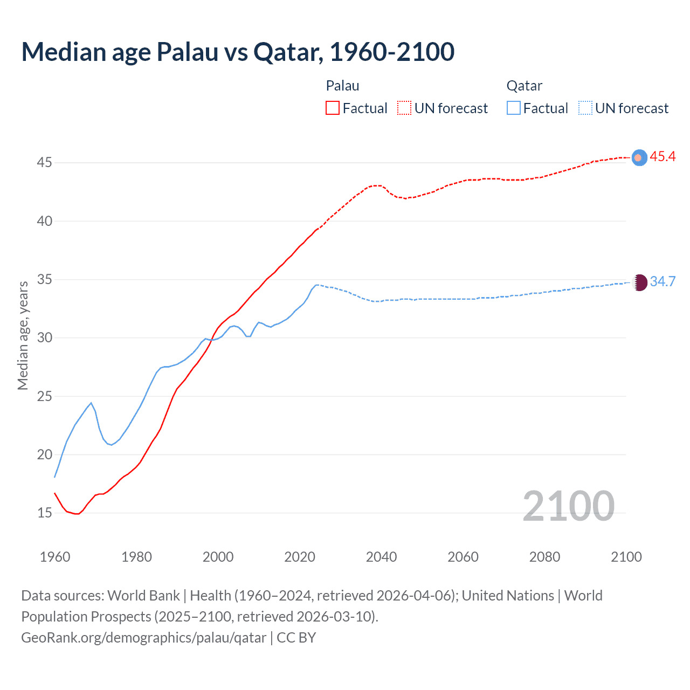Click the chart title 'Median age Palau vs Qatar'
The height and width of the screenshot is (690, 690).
[x=238, y=52]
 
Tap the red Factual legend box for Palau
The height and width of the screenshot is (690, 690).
[x=333, y=108]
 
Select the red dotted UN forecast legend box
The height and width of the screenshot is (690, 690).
[x=404, y=108]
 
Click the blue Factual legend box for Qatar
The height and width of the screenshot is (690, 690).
[x=514, y=108]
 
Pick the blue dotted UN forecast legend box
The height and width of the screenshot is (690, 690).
[x=585, y=108]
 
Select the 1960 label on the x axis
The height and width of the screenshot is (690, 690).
[x=55, y=557]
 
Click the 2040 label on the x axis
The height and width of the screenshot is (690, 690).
[x=381, y=557]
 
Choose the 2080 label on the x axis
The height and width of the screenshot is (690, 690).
[x=544, y=557]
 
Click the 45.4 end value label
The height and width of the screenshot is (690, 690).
[x=663, y=157]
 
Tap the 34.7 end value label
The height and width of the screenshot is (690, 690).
[x=663, y=282]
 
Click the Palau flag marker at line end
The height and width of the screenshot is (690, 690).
[x=639, y=157]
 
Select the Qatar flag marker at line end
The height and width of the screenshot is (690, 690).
[x=639, y=282]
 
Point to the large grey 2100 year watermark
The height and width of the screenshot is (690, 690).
[x=568, y=506]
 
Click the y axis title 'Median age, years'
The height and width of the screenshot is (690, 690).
[x=23, y=335]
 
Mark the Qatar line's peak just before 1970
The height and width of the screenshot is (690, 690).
[x=91, y=403]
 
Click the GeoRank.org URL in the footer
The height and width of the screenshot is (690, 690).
[x=144, y=638]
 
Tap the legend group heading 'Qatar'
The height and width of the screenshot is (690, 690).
[x=524, y=86]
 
